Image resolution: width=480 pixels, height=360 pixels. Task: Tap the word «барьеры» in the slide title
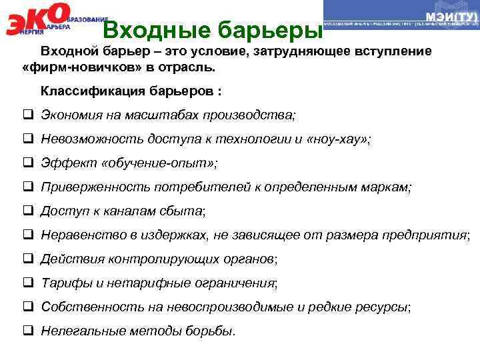point(274,30)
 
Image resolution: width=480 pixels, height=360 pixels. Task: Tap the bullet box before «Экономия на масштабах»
point(29,115)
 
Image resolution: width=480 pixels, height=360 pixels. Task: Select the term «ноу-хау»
point(341,139)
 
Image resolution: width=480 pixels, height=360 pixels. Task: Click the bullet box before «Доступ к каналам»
point(29,211)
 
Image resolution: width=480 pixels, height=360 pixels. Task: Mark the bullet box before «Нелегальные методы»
point(29,331)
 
